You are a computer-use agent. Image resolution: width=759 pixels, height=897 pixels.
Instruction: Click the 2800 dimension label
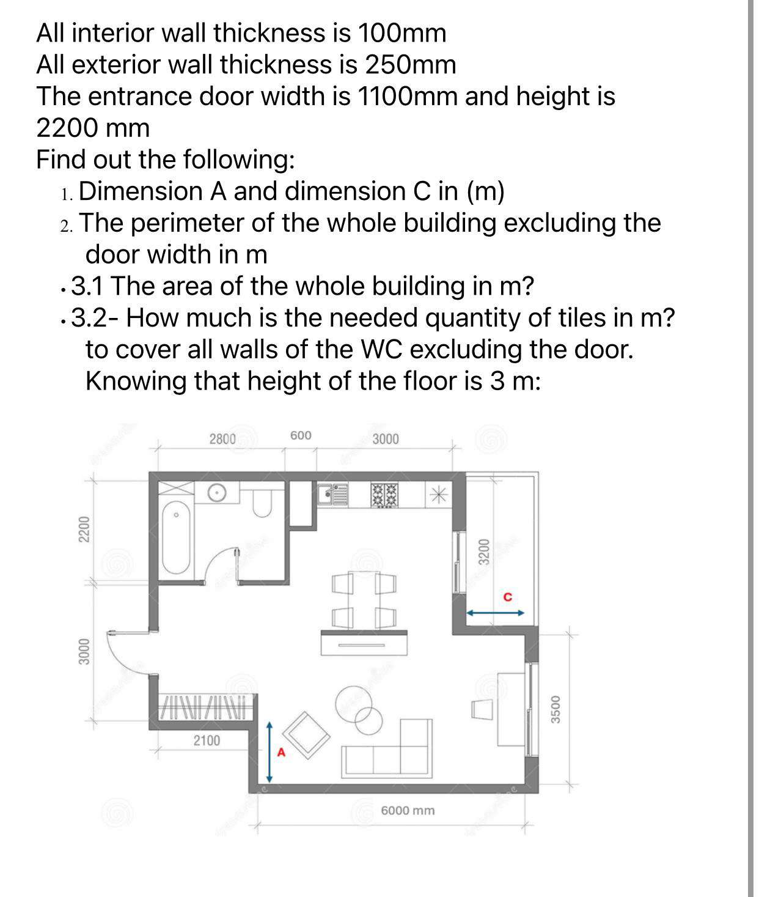[x=222, y=439]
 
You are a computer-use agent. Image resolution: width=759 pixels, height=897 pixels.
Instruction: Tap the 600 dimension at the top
[x=301, y=435]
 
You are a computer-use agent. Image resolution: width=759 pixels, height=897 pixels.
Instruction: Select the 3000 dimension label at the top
[x=386, y=439]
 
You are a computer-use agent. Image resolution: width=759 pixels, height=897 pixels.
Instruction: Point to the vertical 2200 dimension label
[x=85, y=529]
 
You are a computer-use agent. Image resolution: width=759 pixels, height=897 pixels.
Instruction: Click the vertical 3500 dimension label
[x=556, y=709]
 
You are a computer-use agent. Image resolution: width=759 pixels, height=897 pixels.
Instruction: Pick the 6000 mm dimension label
[x=408, y=811]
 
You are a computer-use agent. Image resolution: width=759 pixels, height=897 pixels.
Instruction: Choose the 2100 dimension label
[x=207, y=741]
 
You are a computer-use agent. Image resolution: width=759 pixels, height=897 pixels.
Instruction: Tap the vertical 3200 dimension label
[x=483, y=552]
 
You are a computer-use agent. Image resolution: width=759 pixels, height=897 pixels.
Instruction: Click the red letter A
[x=281, y=753]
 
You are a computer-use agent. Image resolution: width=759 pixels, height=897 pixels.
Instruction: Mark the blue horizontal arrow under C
[x=496, y=612]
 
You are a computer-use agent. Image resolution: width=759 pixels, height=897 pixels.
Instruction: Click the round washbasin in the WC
[x=217, y=491]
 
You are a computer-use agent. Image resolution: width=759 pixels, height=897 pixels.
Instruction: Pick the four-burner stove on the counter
[x=384, y=495]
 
